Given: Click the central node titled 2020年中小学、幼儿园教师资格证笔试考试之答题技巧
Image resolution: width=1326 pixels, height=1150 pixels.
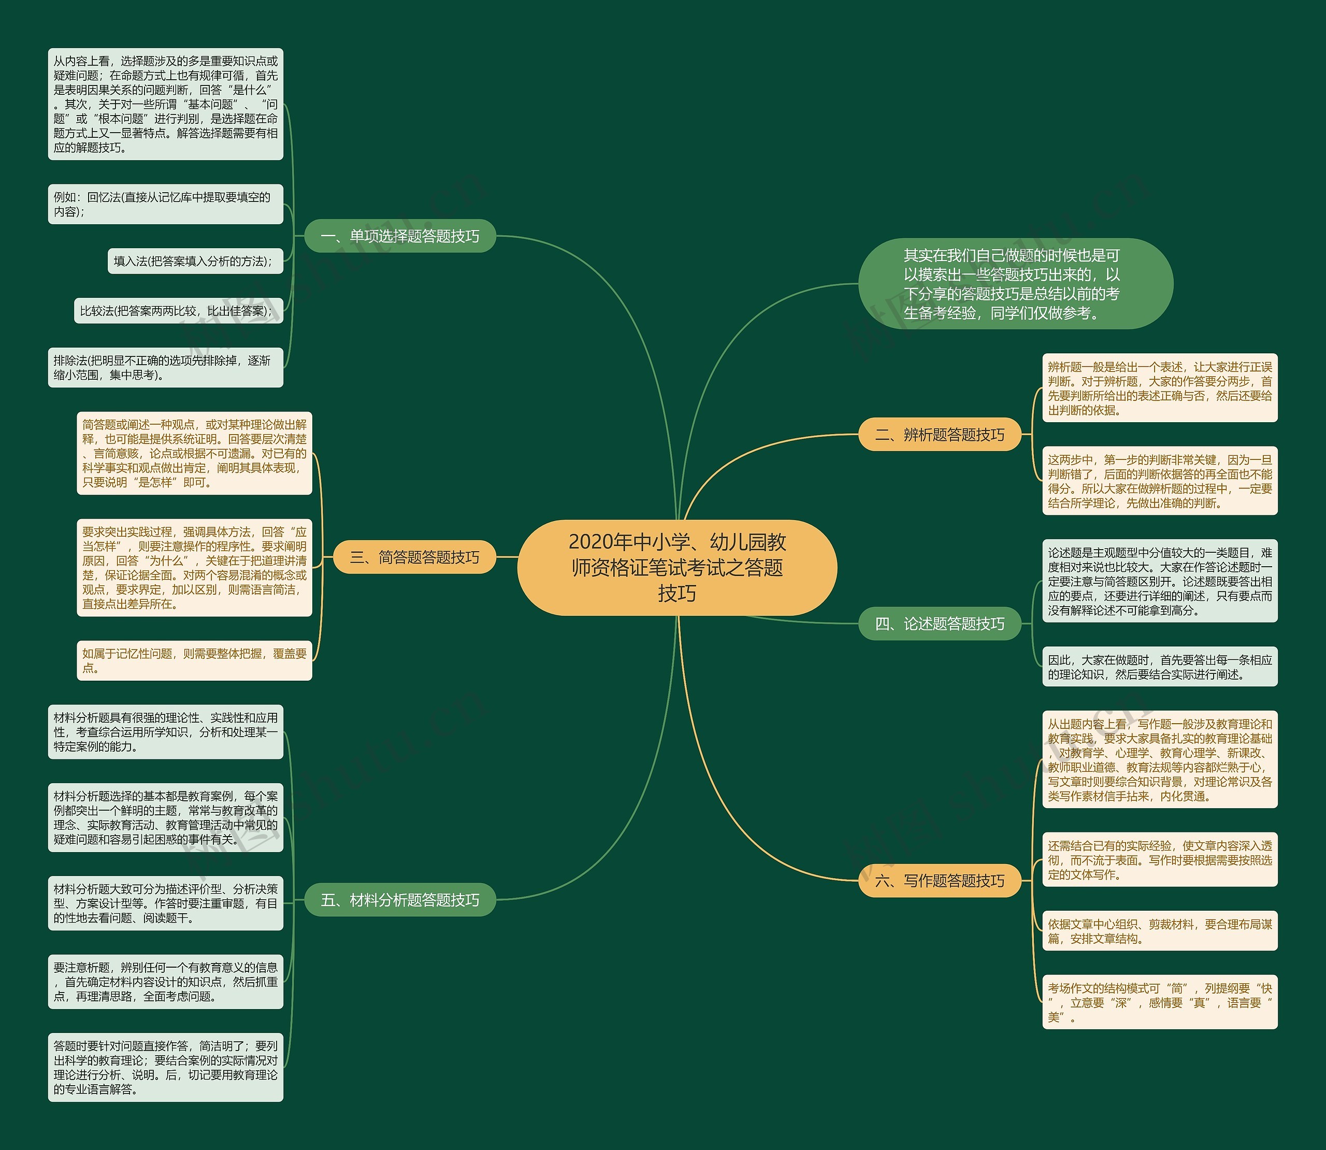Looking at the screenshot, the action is click(x=677, y=567).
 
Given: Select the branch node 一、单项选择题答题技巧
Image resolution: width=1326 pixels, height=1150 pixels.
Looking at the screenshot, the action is click(x=400, y=236).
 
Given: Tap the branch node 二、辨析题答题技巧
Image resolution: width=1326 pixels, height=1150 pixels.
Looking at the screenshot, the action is click(x=939, y=435).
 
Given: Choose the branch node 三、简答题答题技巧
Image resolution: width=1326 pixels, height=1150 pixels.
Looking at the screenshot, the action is click(x=414, y=557).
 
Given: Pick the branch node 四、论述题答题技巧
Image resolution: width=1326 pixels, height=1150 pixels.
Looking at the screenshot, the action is click(x=939, y=623).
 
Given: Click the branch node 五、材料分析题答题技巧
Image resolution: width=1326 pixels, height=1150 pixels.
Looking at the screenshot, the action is click(x=400, y=900).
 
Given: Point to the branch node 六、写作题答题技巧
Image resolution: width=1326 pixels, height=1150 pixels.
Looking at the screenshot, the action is click(x=939, y=881).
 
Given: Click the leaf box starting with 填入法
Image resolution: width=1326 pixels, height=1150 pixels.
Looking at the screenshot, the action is click(x=195, y=261).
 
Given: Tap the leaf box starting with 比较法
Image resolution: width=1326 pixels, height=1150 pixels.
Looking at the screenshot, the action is click(x=178, y=311).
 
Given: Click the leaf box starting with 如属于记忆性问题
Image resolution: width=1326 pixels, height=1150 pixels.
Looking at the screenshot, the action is click(x=194, y=660).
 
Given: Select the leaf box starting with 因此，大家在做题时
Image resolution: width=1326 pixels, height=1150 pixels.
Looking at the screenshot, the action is click(x=1159, y=667).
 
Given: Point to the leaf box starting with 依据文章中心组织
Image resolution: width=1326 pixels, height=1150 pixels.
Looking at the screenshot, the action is click(x=1159, y=931).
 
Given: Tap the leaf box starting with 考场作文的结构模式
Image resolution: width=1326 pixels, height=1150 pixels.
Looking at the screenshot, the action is click(x=1159, y=1002).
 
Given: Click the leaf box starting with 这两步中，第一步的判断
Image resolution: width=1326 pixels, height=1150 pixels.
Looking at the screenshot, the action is click(x=1159, y=481).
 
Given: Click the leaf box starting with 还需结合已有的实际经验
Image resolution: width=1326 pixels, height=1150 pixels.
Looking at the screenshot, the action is click(x=1159, y=860).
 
